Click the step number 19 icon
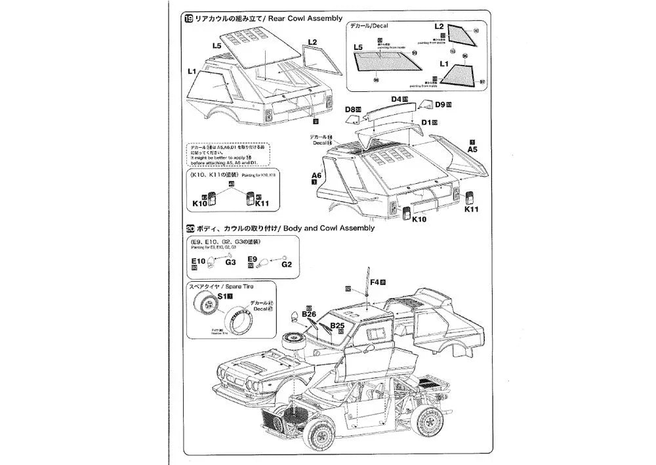[x=190, y=18]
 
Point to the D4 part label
[x=396, y=99]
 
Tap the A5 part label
[x=472, y=149]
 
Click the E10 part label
[x=197, y=261]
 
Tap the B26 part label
[x=310, y=314]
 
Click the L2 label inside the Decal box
[x=439, y=26]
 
